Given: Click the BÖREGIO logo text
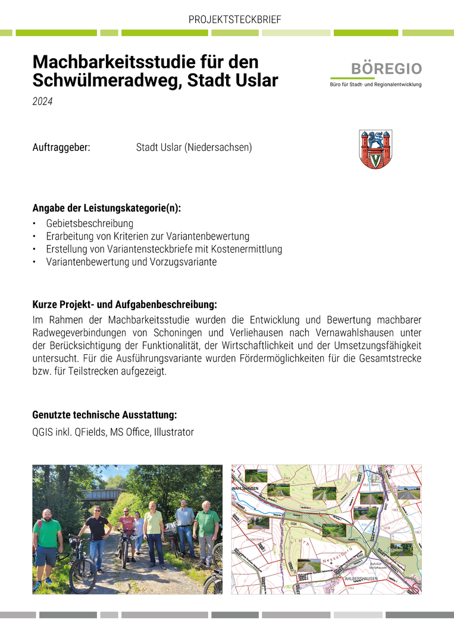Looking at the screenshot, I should click(x=386, y=68).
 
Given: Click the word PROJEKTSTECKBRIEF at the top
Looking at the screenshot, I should click(x=234, y=20).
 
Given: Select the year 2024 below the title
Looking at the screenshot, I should click(x=42, y=102).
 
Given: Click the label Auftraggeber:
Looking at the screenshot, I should click(x=61, y=147).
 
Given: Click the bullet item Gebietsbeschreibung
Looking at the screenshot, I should click(x=89, y=224).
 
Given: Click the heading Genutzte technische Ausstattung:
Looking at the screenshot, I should click(x=104, y=414).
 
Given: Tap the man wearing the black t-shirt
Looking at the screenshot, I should click(x=96, y=532).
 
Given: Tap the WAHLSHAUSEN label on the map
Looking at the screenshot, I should click(x=245, y=488).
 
